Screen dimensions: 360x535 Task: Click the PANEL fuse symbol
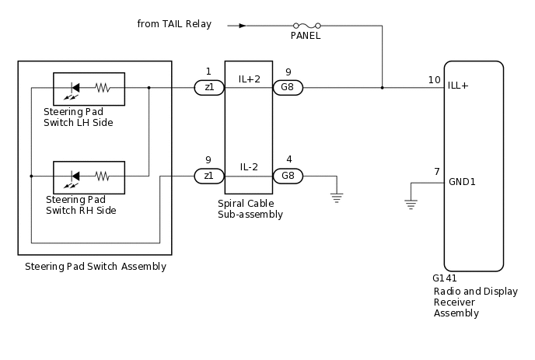click(x=306, y=25)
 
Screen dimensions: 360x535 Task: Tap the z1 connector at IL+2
click(x=209, y=88)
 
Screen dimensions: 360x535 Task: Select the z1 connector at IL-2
click(x=209, y=176)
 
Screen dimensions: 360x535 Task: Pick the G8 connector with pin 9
click(x=288, y=88)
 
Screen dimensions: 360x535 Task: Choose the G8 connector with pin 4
click(x=288, y=176)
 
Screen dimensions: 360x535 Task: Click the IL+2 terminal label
click(x=249, y=79)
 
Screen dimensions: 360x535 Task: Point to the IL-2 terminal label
click(x=249, y=167)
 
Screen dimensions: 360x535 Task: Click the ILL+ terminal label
click(x=459, y=85)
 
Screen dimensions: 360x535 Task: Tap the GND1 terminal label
click(x=462, y=182)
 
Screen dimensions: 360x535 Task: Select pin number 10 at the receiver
click(x=434, y=80)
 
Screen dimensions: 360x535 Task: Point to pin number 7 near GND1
click(x=437, y=171)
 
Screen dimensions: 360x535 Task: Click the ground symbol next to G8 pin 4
click(x=336, y=197)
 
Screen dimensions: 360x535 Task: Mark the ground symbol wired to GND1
click(x=410, y=204)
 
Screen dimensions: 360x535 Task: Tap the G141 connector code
click(x=445, y=278)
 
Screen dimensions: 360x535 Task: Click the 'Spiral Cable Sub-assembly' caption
click(x=250, y=208)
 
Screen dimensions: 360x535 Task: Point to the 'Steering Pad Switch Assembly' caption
click(x=95, y=267)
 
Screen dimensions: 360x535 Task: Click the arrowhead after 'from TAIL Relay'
click(x=243, y=25)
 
